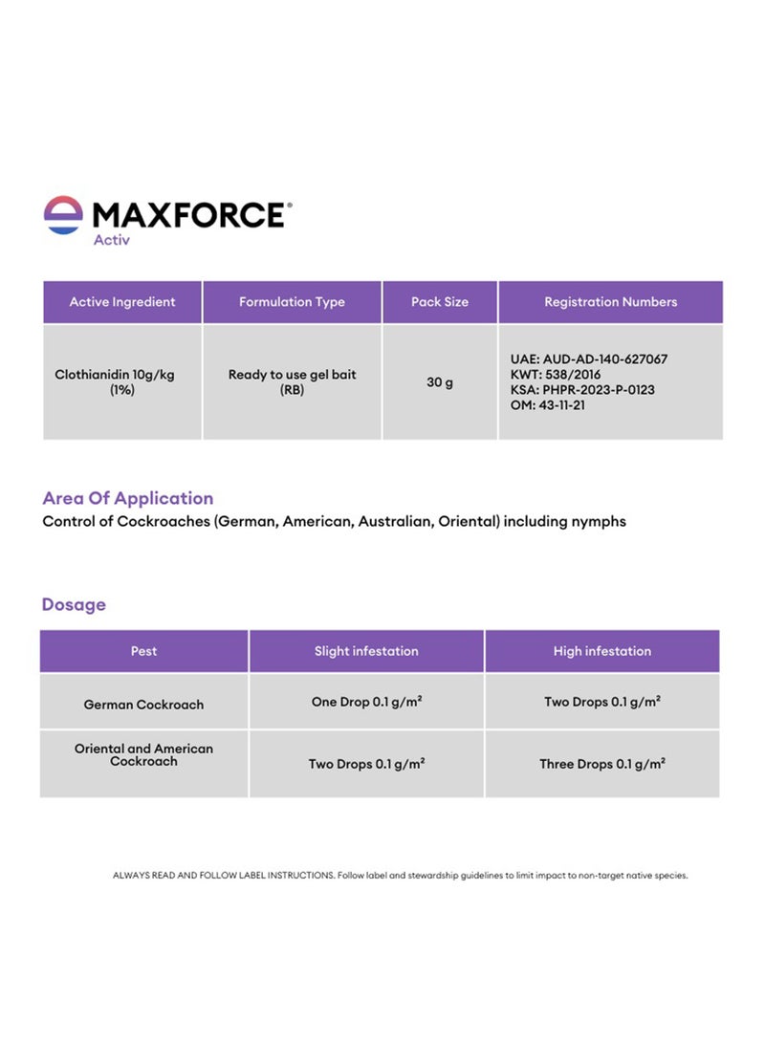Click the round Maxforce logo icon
63,215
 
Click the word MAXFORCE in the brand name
189,215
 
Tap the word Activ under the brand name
111,240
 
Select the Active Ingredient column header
122,302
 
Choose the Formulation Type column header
292,302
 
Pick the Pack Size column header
440,302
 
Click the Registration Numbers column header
611,302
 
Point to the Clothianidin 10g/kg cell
115,381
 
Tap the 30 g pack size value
440,382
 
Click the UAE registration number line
589,359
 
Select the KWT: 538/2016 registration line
556,375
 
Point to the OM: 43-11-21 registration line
548,405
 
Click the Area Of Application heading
128,498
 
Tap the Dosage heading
74,604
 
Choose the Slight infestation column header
366,651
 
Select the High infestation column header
602,651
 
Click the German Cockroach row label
143,705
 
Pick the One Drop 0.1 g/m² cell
366,702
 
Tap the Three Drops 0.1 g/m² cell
602,764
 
